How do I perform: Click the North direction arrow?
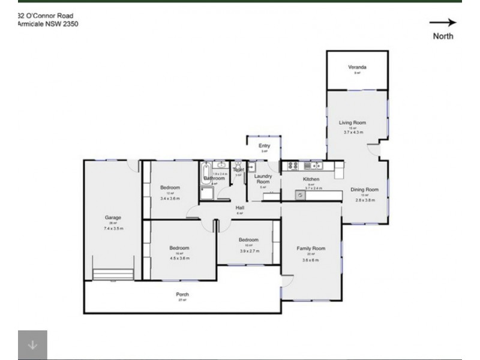(443, 23)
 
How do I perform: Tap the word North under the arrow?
(443, 36)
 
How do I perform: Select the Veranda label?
(357, 67)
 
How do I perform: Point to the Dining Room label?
(365, 190)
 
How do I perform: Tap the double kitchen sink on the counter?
(313, 165)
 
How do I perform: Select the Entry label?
(264, 146)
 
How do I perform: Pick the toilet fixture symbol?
(238, 165)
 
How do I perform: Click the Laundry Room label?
(263, 179)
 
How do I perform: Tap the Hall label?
(239, 208)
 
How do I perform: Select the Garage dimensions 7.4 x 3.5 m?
(113, 229)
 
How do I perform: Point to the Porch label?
(182, 294)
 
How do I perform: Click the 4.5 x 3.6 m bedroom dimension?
(179, 259)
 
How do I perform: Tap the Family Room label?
(311, 248)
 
